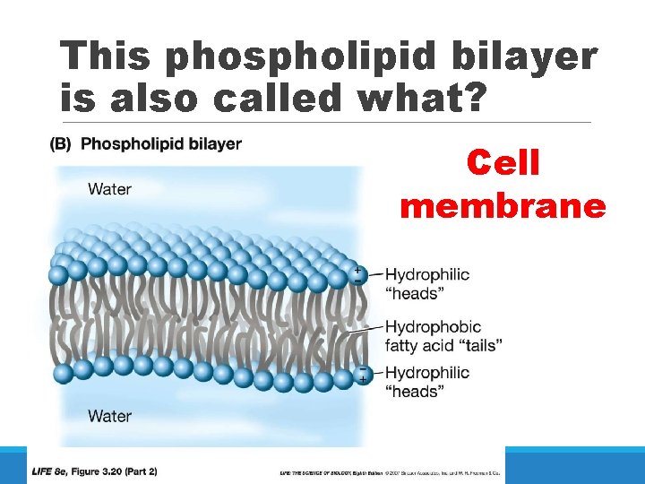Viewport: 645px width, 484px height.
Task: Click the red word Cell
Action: tap(503, 163)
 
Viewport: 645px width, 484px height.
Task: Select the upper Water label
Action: tap(109, 189)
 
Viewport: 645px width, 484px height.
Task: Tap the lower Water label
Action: tap(109, 416)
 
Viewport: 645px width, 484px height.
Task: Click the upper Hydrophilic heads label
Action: tap(426, 283)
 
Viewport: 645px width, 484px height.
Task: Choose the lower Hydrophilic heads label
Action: tap(426, 382)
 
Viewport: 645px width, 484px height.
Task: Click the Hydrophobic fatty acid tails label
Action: tap(443, 336)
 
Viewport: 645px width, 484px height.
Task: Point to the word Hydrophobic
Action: tap(433, 327)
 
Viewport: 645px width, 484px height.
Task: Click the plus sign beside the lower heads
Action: tap(363, 380)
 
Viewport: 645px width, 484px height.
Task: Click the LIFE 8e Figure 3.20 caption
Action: tap(94, 471)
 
